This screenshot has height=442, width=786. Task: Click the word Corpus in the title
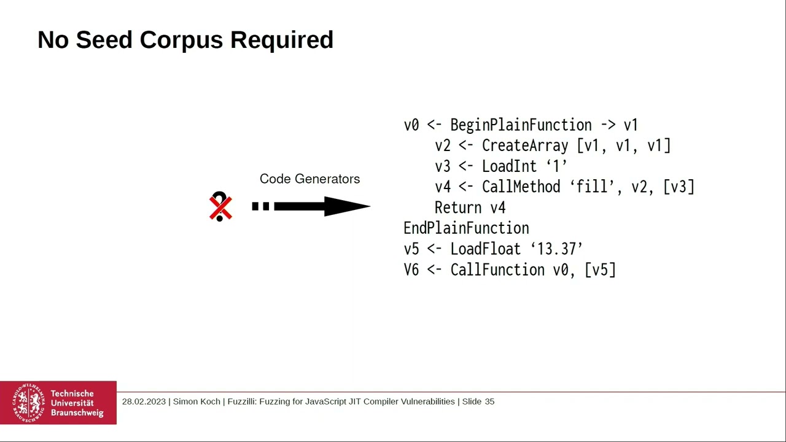pos(182,40)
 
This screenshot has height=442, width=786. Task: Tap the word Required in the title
pos(282,40)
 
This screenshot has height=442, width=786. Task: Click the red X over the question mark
pos(220,207)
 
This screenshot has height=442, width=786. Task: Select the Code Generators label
pos(309,179)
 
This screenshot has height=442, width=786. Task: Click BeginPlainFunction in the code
pos(521,125)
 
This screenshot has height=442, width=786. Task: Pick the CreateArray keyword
pos(525,146)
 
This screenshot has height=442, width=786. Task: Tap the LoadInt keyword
pos(509,166)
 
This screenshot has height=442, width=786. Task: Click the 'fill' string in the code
pos(591,187)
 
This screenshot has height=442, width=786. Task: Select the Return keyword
pos(458,208)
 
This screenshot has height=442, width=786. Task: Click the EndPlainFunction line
pos(466,228)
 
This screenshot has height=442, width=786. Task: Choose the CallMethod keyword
pos(521,187)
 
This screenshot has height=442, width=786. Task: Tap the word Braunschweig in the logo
pos(77,413)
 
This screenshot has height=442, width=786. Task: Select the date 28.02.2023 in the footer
pos(144,401)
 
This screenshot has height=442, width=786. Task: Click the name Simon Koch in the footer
pos(196,401)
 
